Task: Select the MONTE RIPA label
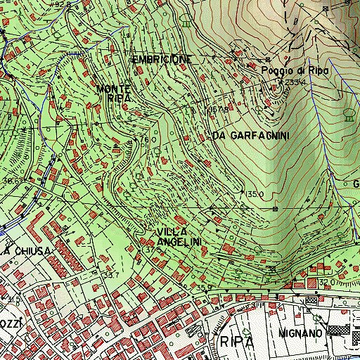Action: pos(115,94)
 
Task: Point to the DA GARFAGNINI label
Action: pos(250,134)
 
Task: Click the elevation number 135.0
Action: pos(254,194)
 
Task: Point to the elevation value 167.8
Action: pos(199,110)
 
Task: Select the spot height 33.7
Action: pos(110,274)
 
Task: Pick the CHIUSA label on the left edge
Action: pos(28,251)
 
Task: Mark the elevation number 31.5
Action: pos(13,300)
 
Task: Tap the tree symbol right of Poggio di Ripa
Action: pos(348,116)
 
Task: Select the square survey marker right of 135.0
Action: pos(275,208)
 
